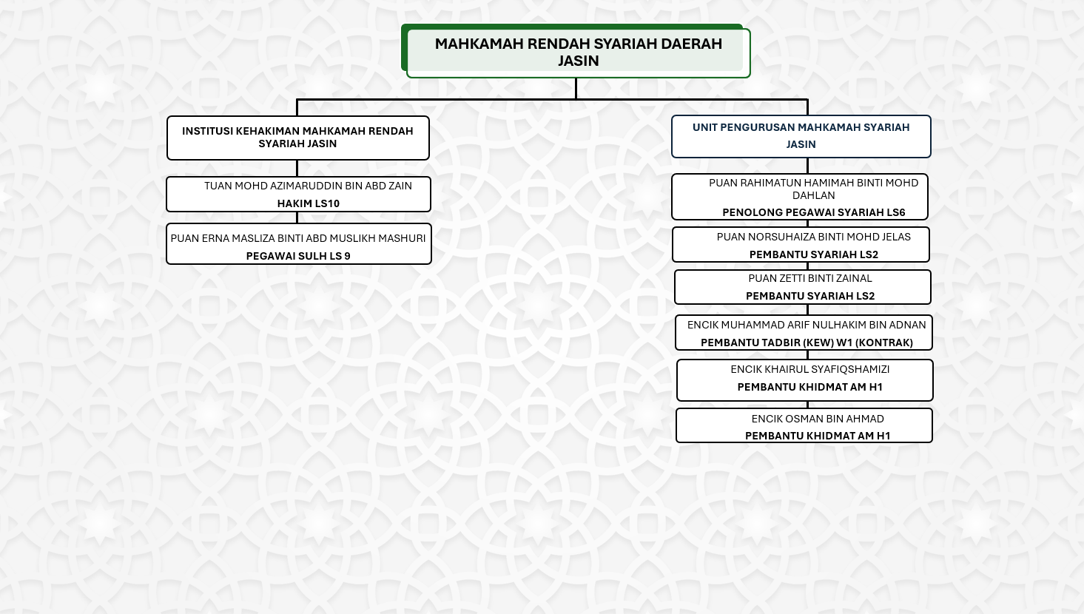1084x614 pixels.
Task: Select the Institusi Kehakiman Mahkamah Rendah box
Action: (x=297, y=138)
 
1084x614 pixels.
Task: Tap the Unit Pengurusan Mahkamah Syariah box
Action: (x=801, y=136)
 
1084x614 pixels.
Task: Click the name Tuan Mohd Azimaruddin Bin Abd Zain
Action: (x=308, y=186)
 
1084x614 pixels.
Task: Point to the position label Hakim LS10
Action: (x=308, y=203)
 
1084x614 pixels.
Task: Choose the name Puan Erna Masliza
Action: (x=298, y=238)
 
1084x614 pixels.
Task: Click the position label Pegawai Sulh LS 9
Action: (x=298, y=256)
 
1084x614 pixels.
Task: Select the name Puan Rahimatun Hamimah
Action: (x=813, y=189)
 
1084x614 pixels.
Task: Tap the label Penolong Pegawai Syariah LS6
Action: (x=813, y=212)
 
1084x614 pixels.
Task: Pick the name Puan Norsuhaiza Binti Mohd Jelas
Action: (x=813, y=237)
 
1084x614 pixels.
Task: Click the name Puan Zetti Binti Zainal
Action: (x=809, y=278)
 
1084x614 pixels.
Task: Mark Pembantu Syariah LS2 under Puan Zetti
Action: (x=809, y=296)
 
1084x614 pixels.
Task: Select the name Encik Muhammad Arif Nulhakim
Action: (x=806, y=325)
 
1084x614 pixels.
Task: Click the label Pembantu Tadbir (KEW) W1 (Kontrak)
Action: (x=807, y=343)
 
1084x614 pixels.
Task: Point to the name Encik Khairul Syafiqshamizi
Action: (x=809, y=369)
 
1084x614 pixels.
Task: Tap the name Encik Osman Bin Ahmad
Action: (x=817, y=419)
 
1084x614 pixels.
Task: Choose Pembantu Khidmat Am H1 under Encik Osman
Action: (x=817, y=436)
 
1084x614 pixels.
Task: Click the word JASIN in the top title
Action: (x=578, y=61)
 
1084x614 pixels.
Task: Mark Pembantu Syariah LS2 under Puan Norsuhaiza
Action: (x=813, y=254)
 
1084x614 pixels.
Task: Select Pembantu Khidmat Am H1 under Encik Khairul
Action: (x=809, y=387)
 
